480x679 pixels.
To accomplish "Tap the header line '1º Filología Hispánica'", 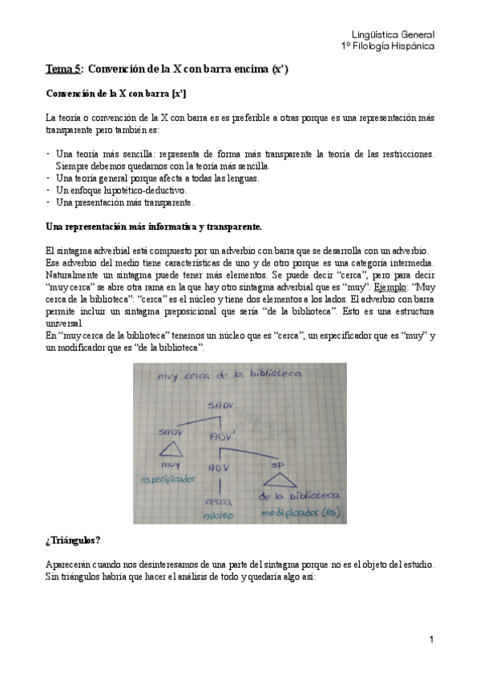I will [x=387, y=46].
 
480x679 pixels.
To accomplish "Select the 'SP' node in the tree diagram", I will [x=277, y=464].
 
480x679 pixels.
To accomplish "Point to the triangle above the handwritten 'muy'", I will [x=171, y=450].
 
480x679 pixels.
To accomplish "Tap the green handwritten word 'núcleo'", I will [x=218, y=517].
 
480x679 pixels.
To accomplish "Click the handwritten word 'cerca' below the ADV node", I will [x=217, y=502].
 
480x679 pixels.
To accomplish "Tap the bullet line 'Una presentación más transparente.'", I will [x=126, y=203].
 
